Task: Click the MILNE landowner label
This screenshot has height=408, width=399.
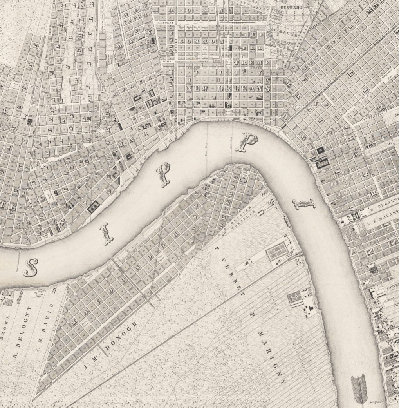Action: [290, 34]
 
